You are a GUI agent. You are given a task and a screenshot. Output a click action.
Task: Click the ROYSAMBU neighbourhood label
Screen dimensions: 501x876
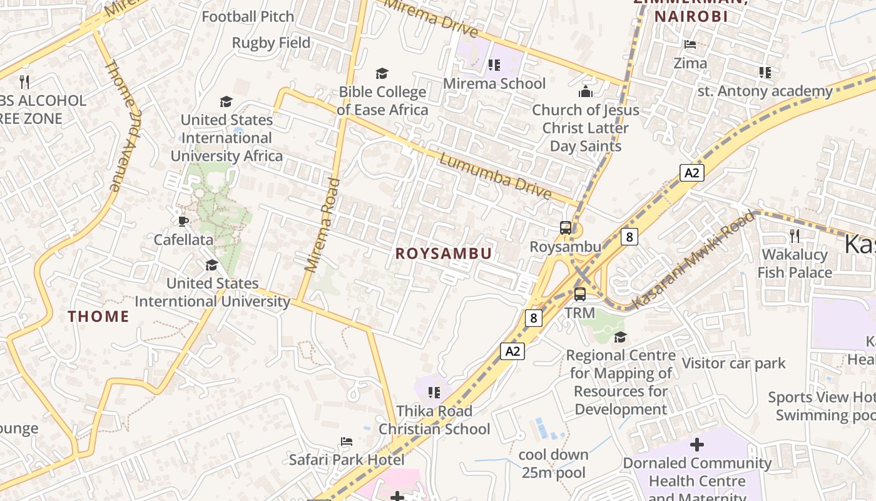point(444,253)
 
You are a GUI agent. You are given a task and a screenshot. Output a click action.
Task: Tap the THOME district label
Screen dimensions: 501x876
point(98,316)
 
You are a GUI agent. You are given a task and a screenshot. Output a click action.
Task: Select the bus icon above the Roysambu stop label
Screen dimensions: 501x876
point(566,228)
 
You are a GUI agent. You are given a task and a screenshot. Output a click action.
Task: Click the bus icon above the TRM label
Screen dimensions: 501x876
point(580,294)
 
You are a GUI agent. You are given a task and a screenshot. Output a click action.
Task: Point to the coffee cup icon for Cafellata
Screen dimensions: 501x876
point(183,220)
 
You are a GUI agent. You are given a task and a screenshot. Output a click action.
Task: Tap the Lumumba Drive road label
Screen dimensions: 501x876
point(495,176)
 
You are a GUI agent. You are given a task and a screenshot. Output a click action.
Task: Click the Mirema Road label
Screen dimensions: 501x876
point(322,225)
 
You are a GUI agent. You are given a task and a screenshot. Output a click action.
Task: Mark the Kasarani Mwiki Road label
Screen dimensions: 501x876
point(693,259)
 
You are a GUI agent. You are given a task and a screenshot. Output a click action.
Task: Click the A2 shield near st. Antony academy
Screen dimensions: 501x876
point(691,172)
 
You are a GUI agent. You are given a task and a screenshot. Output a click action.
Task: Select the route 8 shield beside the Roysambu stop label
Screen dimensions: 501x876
point(629,236)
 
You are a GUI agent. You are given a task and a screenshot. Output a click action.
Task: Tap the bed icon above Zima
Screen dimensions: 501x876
point(690,44)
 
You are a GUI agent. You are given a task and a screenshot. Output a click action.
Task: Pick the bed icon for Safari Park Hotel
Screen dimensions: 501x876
point(347,442)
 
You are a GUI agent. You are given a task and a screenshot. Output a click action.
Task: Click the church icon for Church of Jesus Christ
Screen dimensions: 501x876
point(586,91)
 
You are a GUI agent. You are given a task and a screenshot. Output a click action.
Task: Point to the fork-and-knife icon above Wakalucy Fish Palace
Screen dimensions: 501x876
point(795,235)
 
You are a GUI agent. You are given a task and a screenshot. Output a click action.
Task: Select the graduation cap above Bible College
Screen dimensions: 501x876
point(382,73)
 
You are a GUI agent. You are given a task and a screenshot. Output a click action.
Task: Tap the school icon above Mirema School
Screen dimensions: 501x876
point(494,65)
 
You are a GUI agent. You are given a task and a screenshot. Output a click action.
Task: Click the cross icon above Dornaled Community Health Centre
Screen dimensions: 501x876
point(696,445)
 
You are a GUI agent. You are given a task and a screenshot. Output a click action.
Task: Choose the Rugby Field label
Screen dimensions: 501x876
point(271,43)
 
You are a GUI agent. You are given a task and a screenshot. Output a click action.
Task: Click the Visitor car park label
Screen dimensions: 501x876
point(733,363)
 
